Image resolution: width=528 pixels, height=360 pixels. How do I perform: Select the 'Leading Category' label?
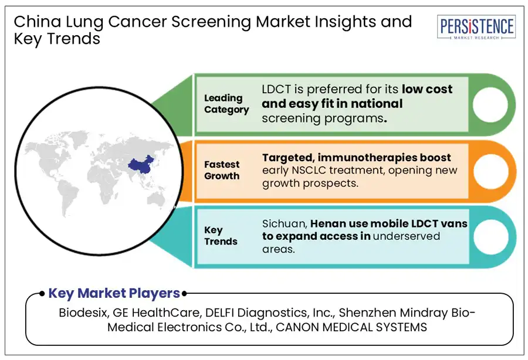coord(226,104)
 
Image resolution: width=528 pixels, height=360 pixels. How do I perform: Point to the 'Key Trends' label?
coord(221,236)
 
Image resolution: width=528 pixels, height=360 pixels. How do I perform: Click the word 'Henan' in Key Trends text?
coord(330,223)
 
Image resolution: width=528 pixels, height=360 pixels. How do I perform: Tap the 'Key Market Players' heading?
coord(114,293)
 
